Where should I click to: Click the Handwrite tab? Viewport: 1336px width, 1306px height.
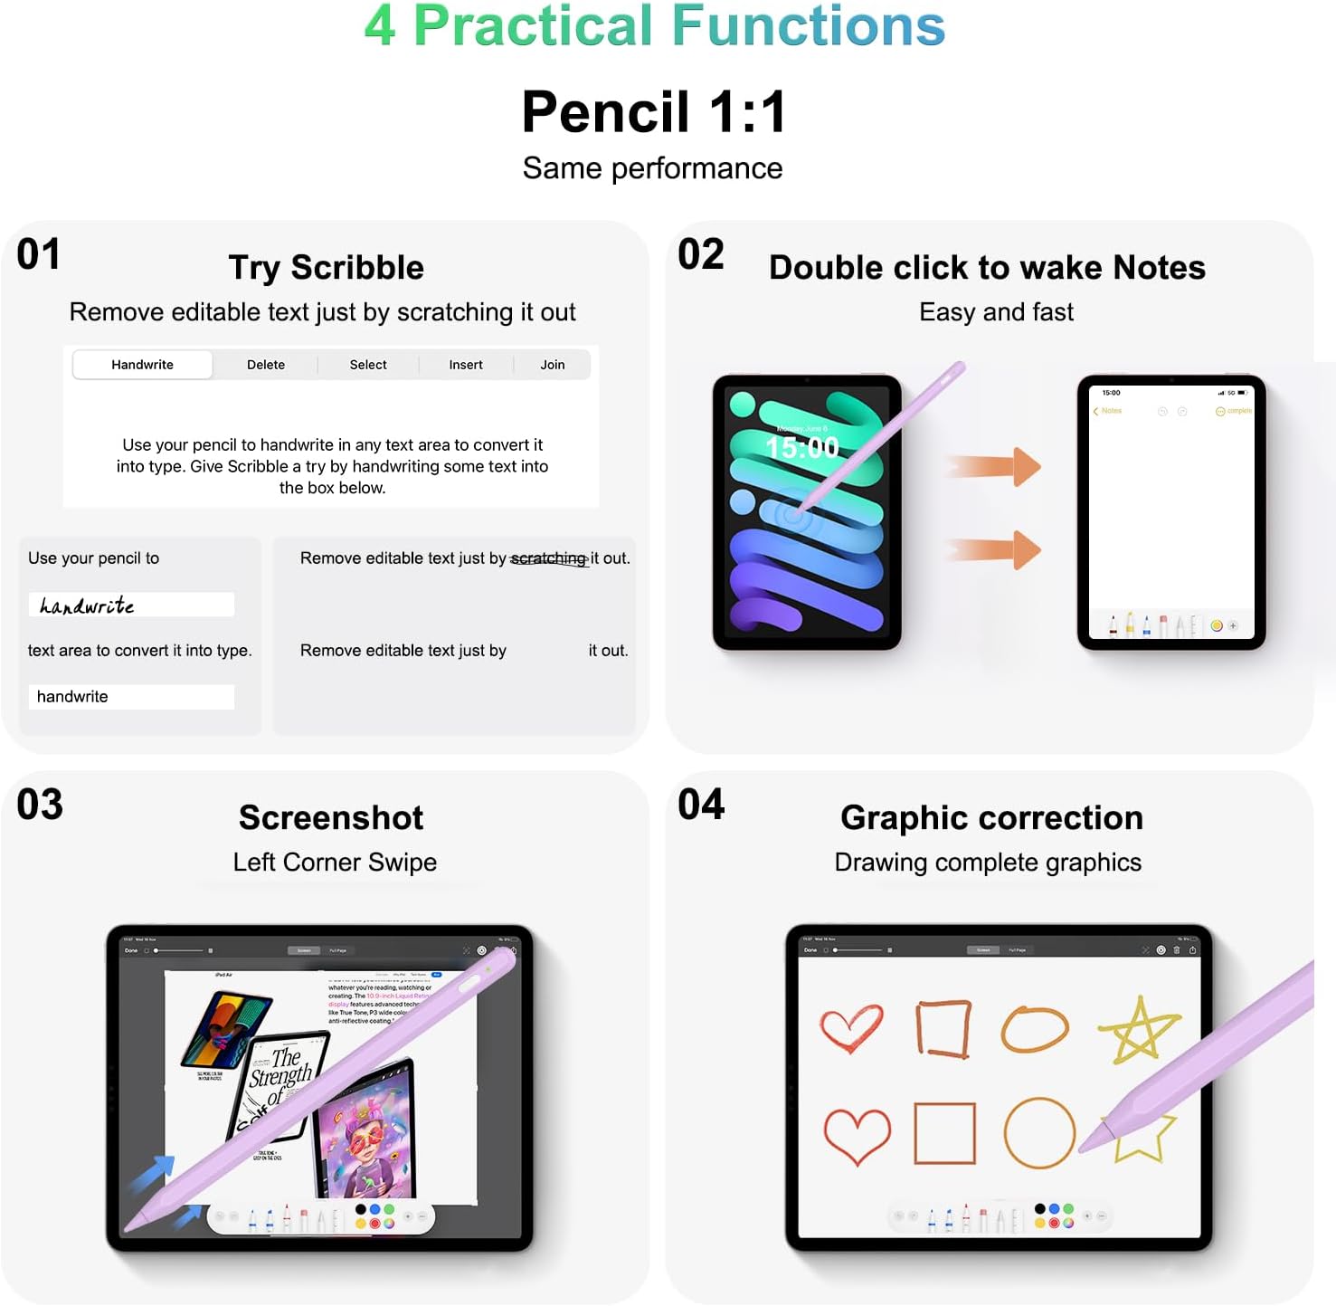pyautogui.click(x=142, y=365)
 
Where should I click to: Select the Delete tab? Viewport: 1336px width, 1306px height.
pyautogui.click(x=266, y=365)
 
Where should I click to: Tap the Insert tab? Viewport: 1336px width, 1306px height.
pyautogui.click(x=466, y=365)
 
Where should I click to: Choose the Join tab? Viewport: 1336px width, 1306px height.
pyautogui.click(x=553, y=365)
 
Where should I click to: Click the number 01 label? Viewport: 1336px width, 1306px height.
pyautogui.click(x=39, y=254)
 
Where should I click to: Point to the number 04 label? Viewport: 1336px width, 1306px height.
pyautogui.click(x=701, y=805)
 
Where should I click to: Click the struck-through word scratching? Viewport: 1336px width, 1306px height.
pyautogui.click(x=548, y=558)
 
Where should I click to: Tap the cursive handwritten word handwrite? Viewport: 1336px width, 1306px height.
pyautogui.click(x=87, y=605)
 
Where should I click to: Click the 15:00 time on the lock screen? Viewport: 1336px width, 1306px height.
pyautogui.click(x=802, y=447)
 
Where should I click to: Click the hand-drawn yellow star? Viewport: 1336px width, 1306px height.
pyautogui.click(x=1140, y=1030)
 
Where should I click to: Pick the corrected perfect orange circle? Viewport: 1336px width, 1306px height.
pyautogui.click(x=1039, y=1133)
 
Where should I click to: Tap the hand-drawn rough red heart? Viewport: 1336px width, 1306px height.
pyautogui.click(x=850, y=1028)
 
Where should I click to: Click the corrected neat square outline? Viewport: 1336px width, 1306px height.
pyautogui.click(x=944, y=1133)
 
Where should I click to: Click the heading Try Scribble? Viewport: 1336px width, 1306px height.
pyautogui.click(x=326, y=268)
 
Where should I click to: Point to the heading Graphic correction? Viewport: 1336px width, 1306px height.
pyautogui.click(x=991, y=818)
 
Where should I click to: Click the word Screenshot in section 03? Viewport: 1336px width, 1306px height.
pyautogui.click(x=331, y=818)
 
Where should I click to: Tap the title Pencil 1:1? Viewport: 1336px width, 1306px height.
pyautogui.click(x=654, y=112)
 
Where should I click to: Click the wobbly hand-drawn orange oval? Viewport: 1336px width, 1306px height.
pyautogui.click(x=1035, y=1029)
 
